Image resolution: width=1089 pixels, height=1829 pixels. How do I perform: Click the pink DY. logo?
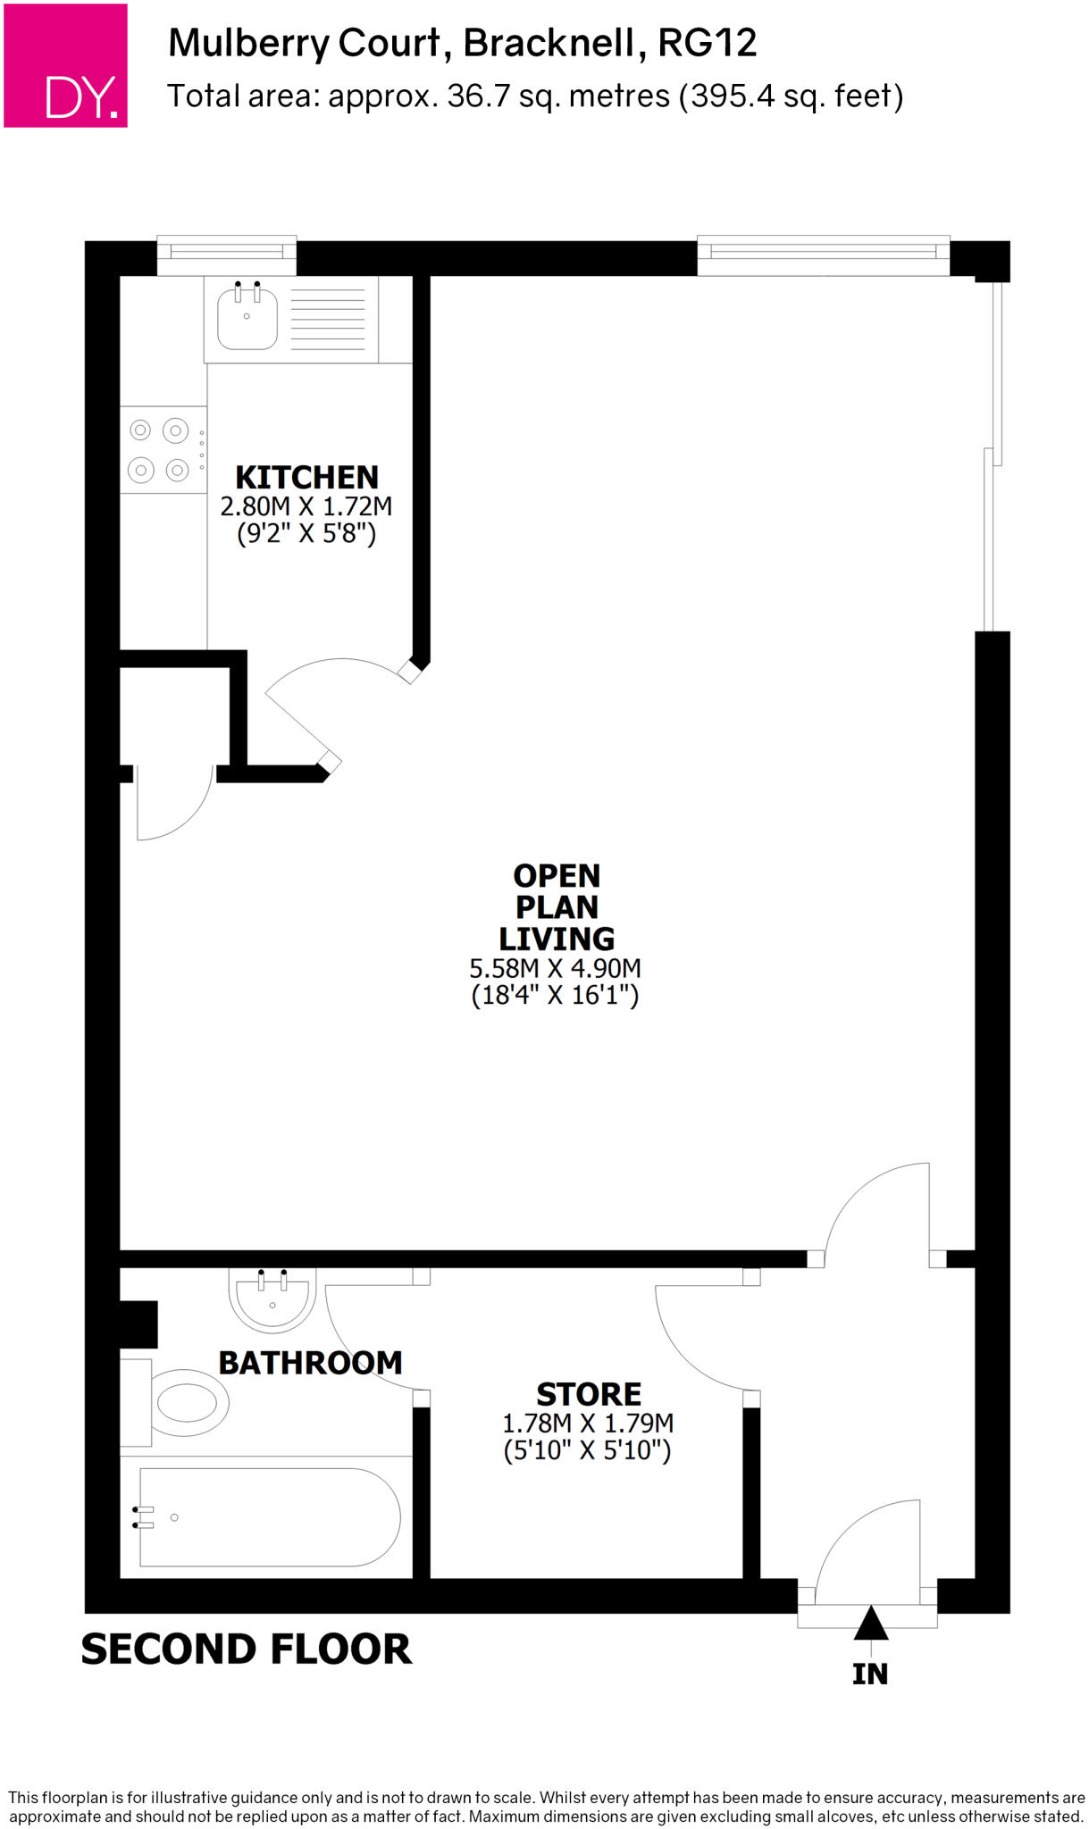coord(65,65)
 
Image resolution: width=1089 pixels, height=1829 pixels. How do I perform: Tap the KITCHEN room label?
coord(306,477)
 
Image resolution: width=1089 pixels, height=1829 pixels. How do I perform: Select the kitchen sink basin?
coord(247,318)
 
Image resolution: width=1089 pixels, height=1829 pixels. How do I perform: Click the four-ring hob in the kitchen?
coord(159,449)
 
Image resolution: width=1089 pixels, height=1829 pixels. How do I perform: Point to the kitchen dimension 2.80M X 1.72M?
coord(306,506)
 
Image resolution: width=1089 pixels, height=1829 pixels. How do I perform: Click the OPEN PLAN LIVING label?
coord(557,906)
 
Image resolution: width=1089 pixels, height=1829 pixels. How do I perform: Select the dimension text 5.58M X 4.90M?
coord(556,968)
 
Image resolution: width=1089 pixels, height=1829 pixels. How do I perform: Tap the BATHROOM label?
coord(310,1363)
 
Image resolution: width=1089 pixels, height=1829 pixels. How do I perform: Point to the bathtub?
coord(268,1517)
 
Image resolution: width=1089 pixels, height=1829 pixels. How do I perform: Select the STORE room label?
coord(589,1394)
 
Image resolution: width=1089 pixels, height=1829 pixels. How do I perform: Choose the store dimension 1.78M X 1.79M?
coord(588,1423)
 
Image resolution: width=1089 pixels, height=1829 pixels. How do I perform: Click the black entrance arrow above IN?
coord(871,1623)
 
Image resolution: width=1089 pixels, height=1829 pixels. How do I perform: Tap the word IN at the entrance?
coord(870,1674)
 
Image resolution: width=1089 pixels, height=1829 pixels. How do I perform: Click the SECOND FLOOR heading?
coord(247,1649)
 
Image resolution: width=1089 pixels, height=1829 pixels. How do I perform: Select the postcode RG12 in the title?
coord(708,43)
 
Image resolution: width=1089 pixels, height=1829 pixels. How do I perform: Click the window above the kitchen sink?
coord(227,255)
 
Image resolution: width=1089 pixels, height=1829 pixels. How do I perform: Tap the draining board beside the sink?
coord(328,318)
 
